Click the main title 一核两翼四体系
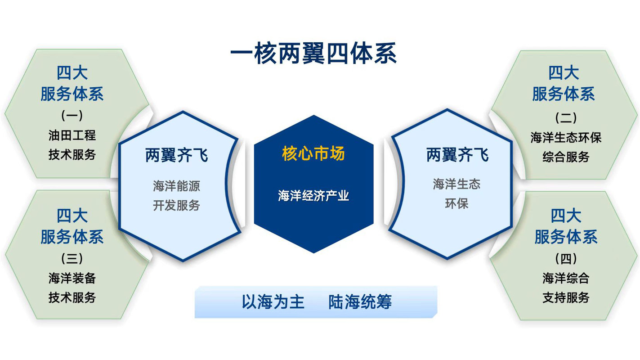click(313, 54)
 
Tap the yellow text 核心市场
click(313, 153)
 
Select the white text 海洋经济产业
click(313, 196)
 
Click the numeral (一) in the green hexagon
click(72, 116)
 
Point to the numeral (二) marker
click(566, 117)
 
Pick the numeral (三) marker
click(72, 258)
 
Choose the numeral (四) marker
click(566, 258)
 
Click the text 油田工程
click(72, 135)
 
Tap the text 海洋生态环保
click(566, 138)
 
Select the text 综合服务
click(566, 157)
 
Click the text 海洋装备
click(72, 278)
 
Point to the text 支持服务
click(566, 297)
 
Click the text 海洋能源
click(176, 186)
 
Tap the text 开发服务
click(176, 205)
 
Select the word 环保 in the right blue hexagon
click(457, 203)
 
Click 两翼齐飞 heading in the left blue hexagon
click(176, 155)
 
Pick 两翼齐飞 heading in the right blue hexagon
click(457, 155)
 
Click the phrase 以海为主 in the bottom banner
click(273, 302)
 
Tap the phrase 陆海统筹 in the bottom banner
click(360, 302)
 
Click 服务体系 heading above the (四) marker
click(566, 237)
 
